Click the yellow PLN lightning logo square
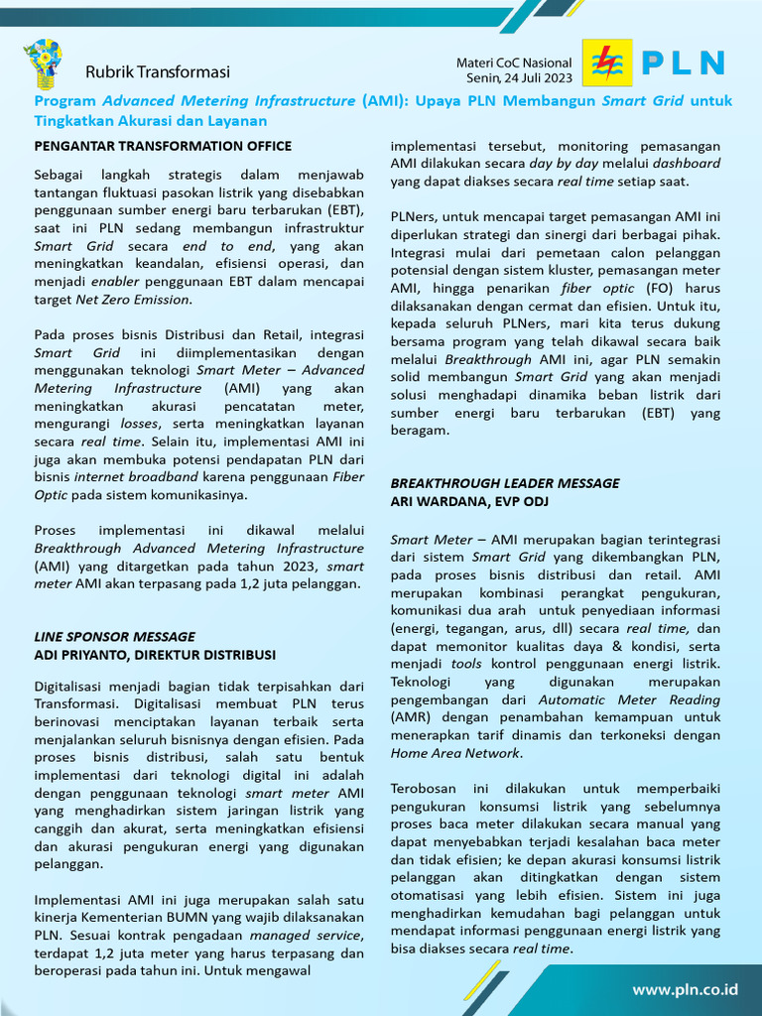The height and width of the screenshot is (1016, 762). (x=604, y=63)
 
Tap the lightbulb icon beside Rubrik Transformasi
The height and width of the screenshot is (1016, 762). (x=43, y=64)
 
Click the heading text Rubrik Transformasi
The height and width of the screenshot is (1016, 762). (x=157, y=71)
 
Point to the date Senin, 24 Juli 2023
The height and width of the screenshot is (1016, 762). (x=519, y=77)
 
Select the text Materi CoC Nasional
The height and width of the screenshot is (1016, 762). (x=514, y=63)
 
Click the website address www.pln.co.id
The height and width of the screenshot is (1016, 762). (x=686, y=989)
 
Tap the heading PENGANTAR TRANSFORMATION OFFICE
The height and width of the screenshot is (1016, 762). (x=163, y=146)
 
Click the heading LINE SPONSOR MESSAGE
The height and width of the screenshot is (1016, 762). (x=114, y=636)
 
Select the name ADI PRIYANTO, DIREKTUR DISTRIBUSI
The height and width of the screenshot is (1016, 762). (x=155, y=655)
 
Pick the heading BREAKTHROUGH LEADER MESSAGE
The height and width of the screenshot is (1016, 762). (x=504, y=483)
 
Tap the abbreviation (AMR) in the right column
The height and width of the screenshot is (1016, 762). (x=410, y=716)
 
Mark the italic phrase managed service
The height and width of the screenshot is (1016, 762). (x=306, y=936)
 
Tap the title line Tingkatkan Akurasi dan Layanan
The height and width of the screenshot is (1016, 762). (x=151, y=121)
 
